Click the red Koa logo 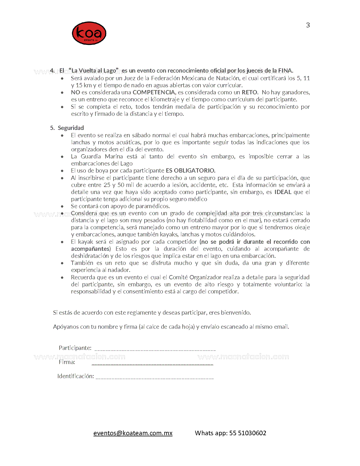[x=89, y=33]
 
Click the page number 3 [x=308, y=25]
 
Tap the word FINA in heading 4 [x=285, y=71]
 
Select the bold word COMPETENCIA [x=154, y=92]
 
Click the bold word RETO [x=250, y=92]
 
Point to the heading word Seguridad [x=71, y=128]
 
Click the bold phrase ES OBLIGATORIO [x=191, y=171]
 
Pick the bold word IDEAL [x=283, y=192]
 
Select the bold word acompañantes [x=91, y=249]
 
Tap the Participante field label [x=75, y=348]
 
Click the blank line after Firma [x=152, y=364]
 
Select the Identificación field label [x=75, y=376]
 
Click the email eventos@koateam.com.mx [x=133, y=433]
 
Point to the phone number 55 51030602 [x=248, y=433]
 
